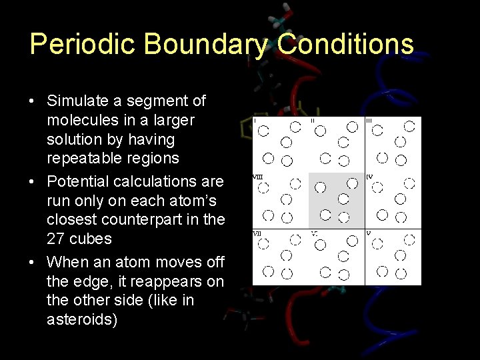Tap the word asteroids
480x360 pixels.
pos(82,320)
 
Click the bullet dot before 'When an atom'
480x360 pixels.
pos(32,262)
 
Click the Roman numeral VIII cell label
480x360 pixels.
pos(257,177)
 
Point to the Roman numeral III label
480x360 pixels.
pos(369,120)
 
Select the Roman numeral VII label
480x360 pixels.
pos(256,234)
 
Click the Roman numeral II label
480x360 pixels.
pos(313,120)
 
